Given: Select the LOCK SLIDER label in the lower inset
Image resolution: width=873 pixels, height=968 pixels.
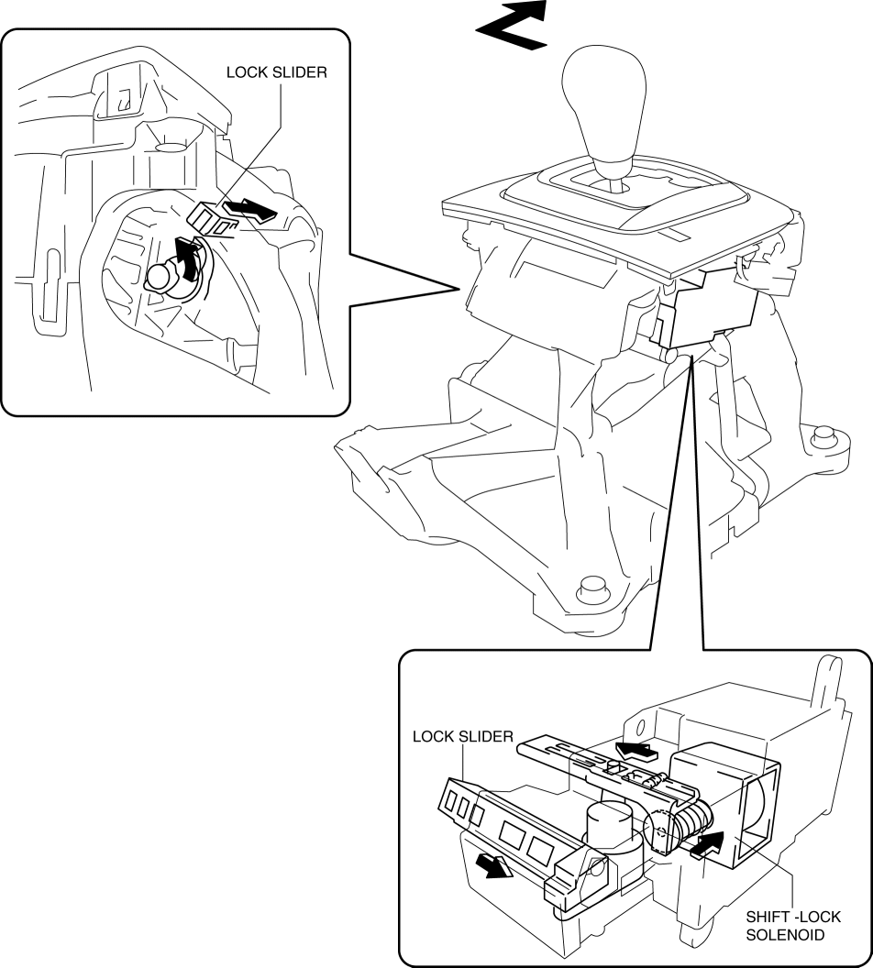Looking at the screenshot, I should coord(462,736).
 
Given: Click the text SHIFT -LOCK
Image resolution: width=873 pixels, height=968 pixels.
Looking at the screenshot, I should coord(792,917).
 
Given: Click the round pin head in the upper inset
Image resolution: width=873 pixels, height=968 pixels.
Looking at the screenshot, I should coord(160,276).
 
